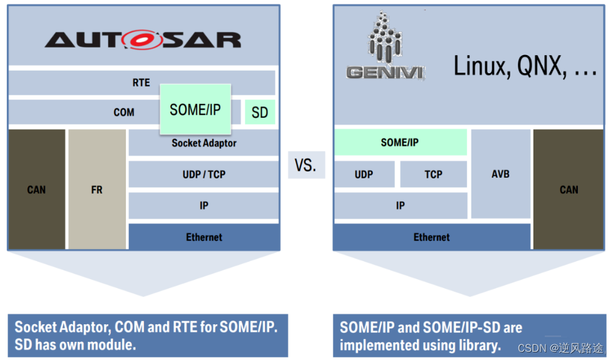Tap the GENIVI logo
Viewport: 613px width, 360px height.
(385, 46)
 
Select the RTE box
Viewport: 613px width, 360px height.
(141, 83)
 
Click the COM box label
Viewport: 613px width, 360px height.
(124, 113)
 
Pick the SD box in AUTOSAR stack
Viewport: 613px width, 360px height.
(259, 113)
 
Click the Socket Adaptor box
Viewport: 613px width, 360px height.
(204, 143)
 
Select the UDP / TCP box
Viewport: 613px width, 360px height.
(204, 174)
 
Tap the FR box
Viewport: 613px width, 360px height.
(96, 189)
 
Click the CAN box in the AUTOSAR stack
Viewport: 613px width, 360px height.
(36, 189)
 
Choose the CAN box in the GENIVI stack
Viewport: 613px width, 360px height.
(569, 189)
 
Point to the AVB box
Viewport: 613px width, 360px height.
(500, 173)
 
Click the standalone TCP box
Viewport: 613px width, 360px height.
(433, 174)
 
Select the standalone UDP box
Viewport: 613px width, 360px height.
(364, 174)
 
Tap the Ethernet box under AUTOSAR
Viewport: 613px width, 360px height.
(204, 237)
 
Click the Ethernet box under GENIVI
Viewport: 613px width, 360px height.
(431, 237)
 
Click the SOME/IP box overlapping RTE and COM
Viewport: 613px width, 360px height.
(195, 110)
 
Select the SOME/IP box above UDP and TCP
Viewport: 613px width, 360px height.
(400, 143)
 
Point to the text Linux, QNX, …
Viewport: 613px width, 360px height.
(525, 66)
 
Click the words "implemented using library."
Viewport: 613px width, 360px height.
(420, 345)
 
